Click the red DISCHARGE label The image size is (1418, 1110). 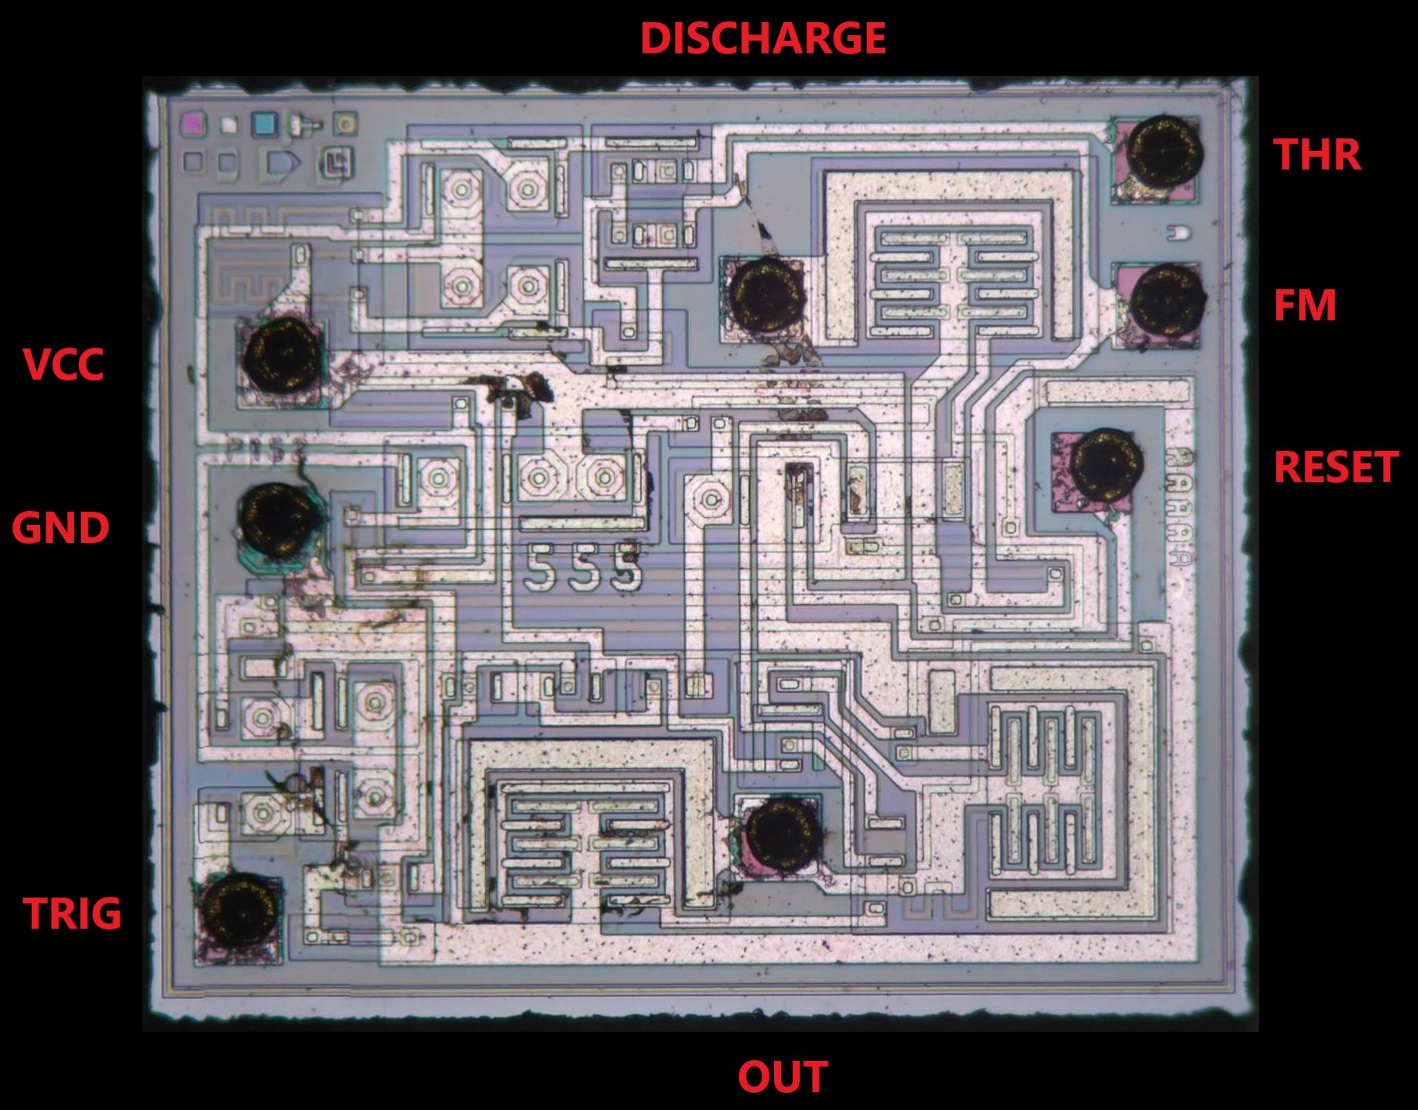762,39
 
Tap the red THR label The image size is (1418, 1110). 1317,154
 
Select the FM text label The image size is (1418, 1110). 1304,305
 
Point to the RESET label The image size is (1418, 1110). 1336,467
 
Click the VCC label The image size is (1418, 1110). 64,364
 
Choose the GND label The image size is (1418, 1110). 60,528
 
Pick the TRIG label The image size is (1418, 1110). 72,913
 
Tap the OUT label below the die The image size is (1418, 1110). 782,1077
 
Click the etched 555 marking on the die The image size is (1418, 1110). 583,566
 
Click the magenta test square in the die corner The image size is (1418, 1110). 193,123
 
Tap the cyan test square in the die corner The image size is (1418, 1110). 264,124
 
